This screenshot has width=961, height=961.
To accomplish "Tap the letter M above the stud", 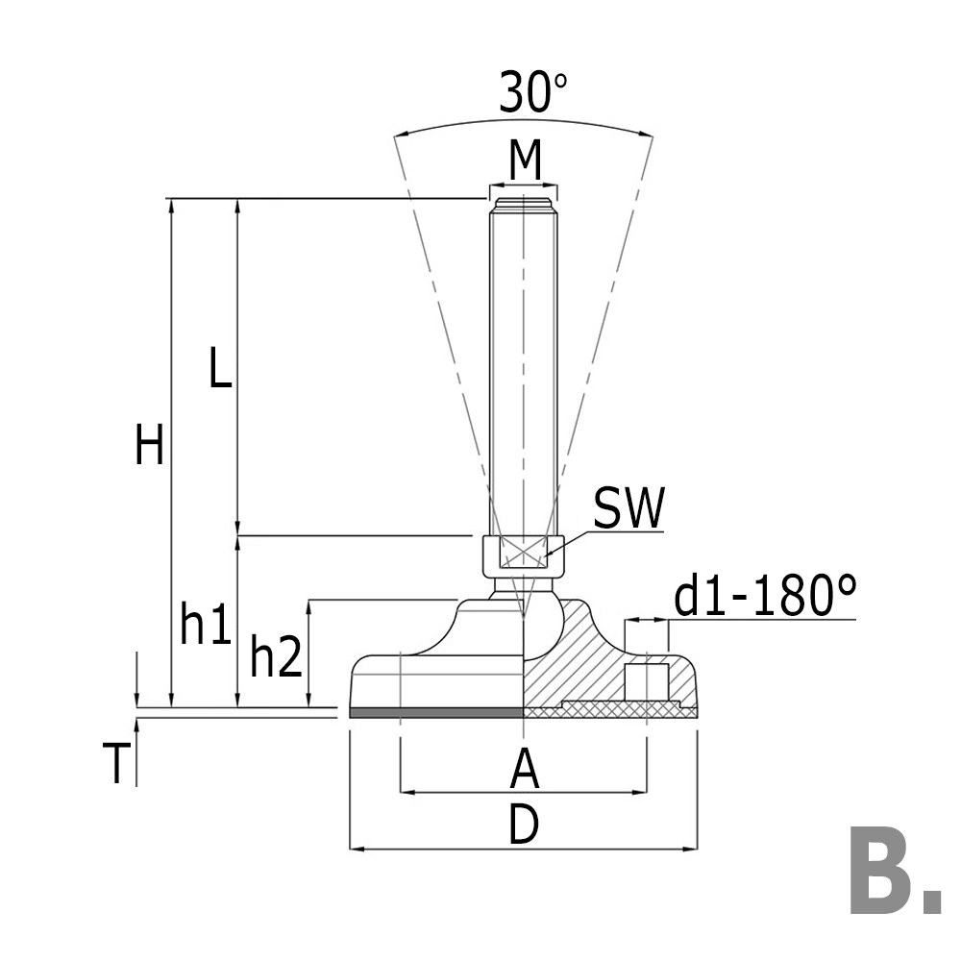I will pyautogui.click(x=525, y=160).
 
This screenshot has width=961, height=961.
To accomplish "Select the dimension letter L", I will pyautogui.click(x=221, y=368).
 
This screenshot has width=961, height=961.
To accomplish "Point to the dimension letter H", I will pyautogui.click(x=149, y=446).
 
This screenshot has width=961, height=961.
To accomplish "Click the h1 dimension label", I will pyautogui.click(x=206, y=627).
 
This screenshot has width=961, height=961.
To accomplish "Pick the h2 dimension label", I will pyautogui.click(x=276, y=657).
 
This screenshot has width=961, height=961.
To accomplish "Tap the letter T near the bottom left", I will pyautogui.click(x=115, y=764).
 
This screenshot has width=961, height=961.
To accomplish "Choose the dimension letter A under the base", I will pyautogui.click(x=524, y=768).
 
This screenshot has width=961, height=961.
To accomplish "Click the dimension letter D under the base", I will pyautogui.click(x=524, y=825).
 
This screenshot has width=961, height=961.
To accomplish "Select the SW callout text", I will pyautogui.click(x=628, y=509).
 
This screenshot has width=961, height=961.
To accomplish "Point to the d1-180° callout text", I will pyautogui.click(x=764, y=597).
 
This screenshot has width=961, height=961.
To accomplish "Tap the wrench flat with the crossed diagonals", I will pyautogui.click(x=523, y=554).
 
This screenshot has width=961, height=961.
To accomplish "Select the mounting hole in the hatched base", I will pyautogui.click(x=647, y=681).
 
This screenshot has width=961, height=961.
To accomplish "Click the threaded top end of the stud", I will pyautogui.click(x=524, y=204).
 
